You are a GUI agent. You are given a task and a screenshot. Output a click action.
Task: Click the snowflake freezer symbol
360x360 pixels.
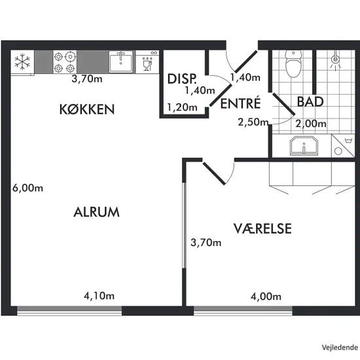[x=22, y=62]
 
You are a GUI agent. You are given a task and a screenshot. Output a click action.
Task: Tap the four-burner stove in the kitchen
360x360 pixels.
[x=65, y=62]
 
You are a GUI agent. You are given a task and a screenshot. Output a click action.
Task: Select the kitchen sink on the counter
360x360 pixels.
[x=121, y=63]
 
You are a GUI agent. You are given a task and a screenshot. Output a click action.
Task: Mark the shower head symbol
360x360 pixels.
[x=336, y=60]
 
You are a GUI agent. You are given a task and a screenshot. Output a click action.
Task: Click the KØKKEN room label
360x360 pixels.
[x=87, y=109]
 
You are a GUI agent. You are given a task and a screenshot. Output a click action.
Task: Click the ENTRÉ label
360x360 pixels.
[x=240, y=104]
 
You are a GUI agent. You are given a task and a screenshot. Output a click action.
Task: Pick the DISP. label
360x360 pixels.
[x=181, y=79]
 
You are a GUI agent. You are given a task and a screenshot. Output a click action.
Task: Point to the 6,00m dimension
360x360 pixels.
[x=27, y=188]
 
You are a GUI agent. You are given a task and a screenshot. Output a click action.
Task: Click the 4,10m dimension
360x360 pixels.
[x=99, y=296]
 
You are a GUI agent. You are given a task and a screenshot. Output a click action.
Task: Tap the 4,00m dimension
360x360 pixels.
[x=266, y=296]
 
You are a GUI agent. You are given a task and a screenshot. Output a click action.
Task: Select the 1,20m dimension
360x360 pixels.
[x=181, y=107]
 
